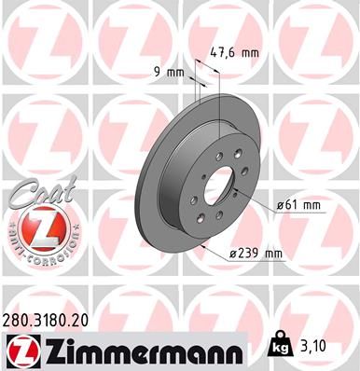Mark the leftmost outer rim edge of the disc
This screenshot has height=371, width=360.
click(135, 186)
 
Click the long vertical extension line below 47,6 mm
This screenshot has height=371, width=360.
click(217, 103)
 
